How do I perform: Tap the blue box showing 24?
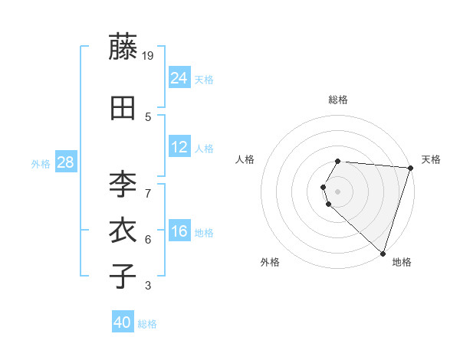tap(179, 77)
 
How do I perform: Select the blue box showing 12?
tap(179, 147)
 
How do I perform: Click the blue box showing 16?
tap(179, 231)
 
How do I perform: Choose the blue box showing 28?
tap(65, 162)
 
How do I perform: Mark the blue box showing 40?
tap(123, 322)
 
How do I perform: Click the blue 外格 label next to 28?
tap(41, 164)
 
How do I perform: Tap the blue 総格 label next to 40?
tap(147, 324)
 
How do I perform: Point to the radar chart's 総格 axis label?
tap(338, 100)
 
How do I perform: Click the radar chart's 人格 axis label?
tap(245, 159)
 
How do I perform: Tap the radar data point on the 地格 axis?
tap(383, 253)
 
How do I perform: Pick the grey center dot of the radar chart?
tap(338, 191)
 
